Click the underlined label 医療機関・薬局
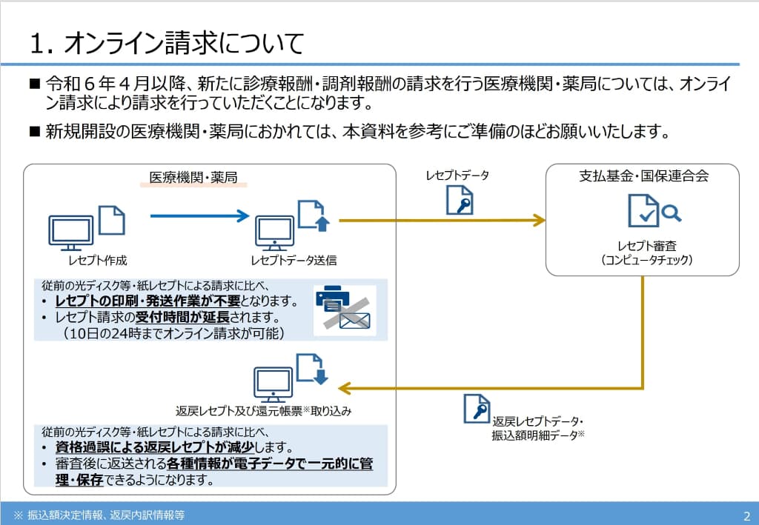point(193,178)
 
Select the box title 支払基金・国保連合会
point(643,176)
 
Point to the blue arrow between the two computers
point(200,216)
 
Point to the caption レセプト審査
point(646,245)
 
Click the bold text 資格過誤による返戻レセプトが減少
point(161,448)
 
